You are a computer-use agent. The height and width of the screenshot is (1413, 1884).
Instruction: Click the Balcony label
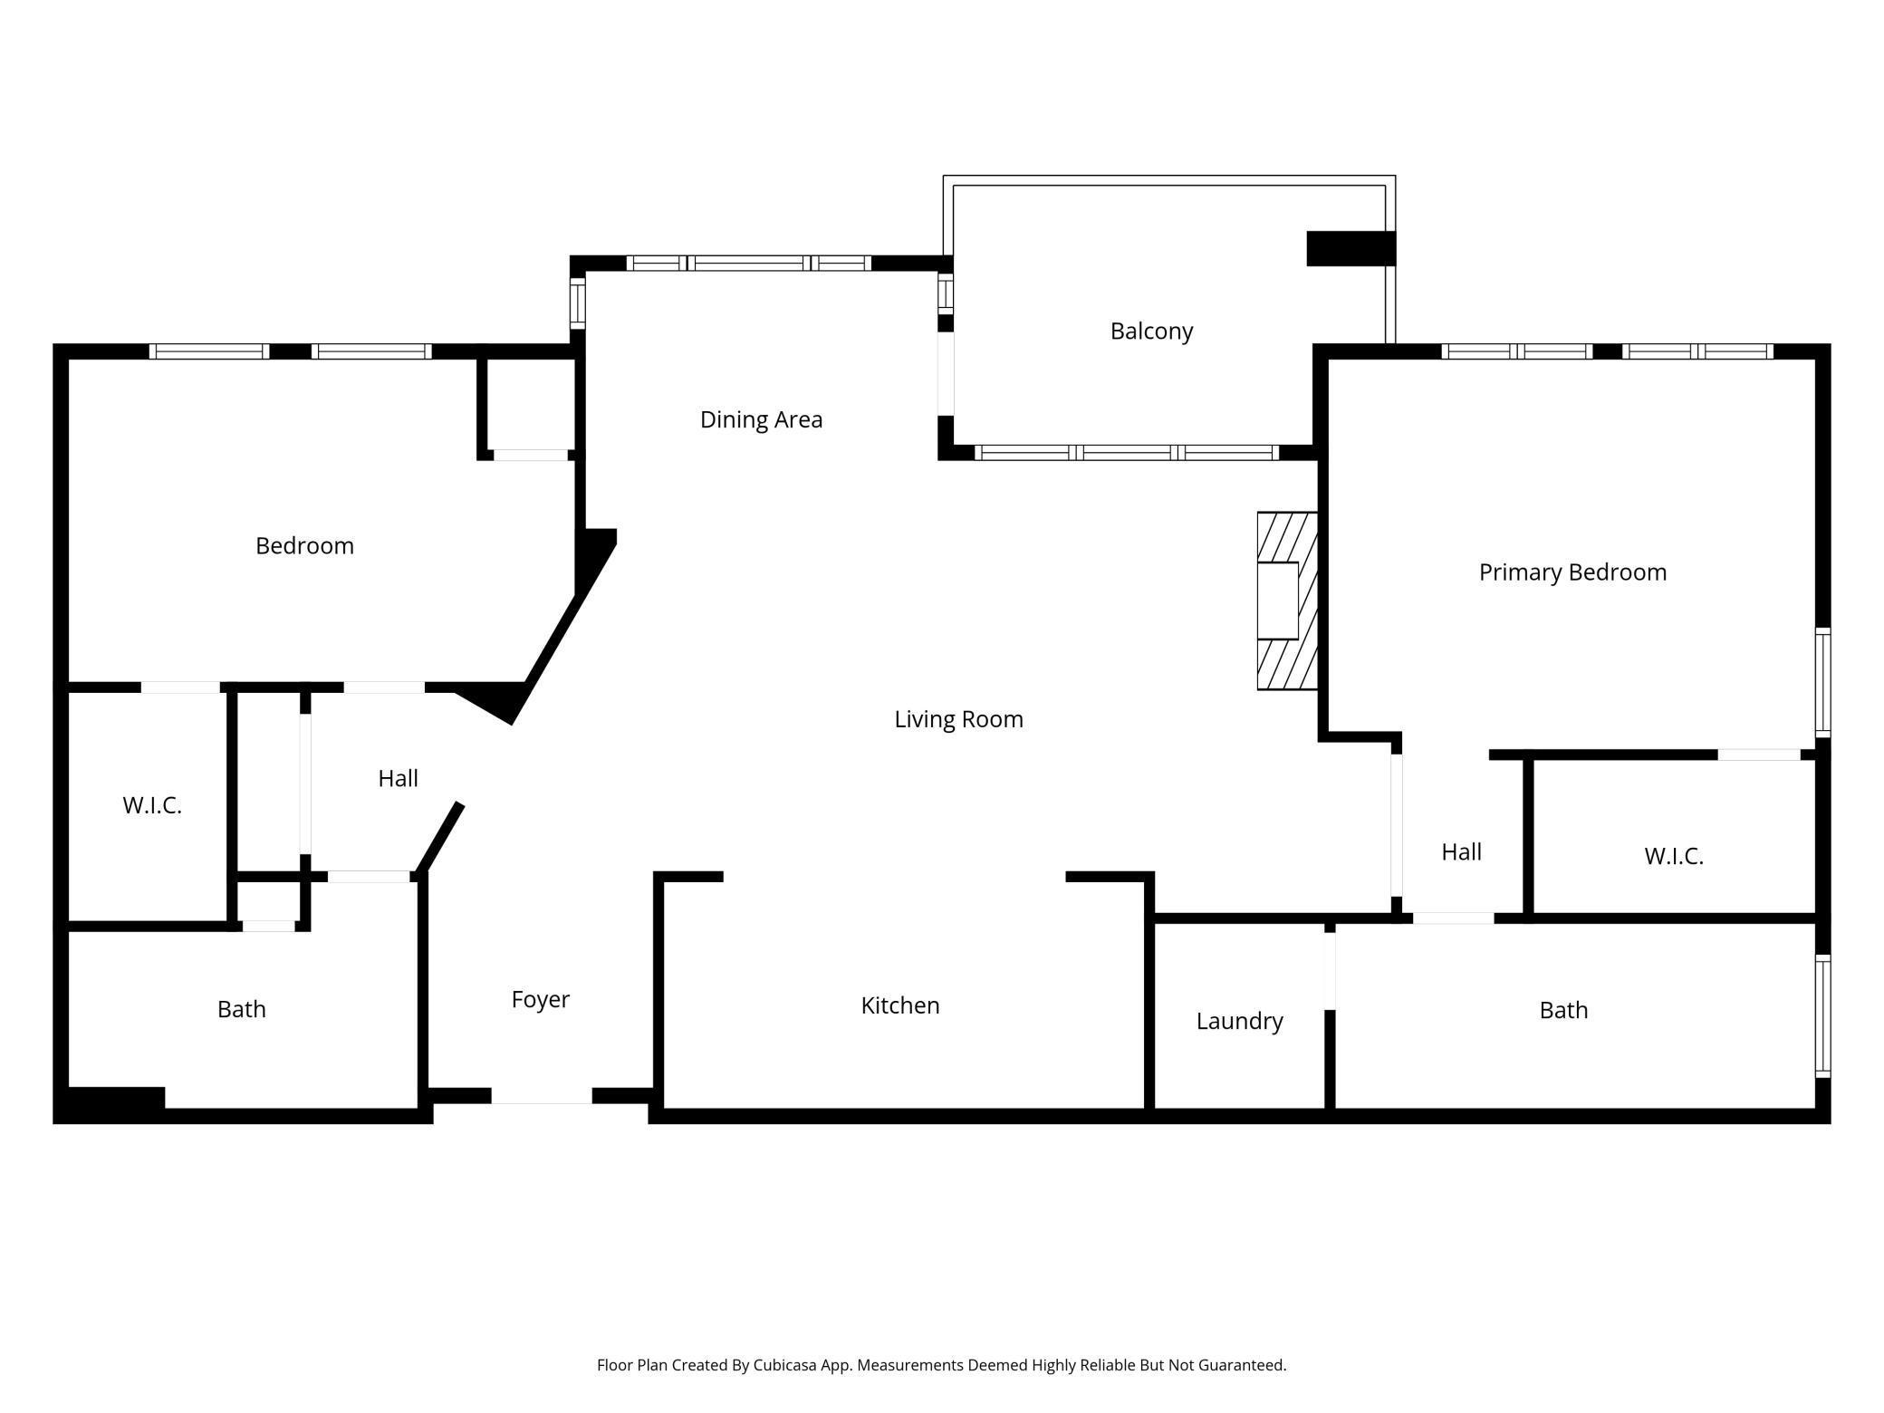point(1151,332)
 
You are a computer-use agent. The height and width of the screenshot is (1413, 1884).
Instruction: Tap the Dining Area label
point(761,419)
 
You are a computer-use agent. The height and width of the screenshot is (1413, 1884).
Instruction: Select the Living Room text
point(958,719)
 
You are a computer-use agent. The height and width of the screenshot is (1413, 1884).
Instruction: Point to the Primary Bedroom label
point(1572,572)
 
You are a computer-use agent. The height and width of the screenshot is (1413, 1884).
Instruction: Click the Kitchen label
point(900,1005)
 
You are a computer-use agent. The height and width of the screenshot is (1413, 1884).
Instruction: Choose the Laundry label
point(1239,1022)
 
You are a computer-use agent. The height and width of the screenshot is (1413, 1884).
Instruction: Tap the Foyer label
point(540,1000)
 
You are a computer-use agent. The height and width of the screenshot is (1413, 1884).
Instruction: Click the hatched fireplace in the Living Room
point(1287,601)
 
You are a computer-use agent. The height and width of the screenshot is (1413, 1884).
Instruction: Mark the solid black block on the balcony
point(1351,248)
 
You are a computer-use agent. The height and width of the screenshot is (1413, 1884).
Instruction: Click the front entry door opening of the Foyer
point(542,1096)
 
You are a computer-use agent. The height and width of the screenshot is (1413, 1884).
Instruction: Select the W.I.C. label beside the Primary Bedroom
point(1674,856)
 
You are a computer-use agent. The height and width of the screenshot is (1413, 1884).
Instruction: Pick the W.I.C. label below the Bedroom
point(152,805)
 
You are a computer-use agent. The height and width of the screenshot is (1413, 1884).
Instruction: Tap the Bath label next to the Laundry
point(1563,1010)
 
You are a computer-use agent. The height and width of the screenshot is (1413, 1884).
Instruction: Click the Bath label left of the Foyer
point(242,1009)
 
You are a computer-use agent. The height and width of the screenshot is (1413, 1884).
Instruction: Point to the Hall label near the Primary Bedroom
point(1461,852)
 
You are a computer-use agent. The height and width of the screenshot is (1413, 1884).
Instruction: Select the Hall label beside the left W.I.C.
point(398,779)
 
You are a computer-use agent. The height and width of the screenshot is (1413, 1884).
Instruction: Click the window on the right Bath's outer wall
point(1823,1016)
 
